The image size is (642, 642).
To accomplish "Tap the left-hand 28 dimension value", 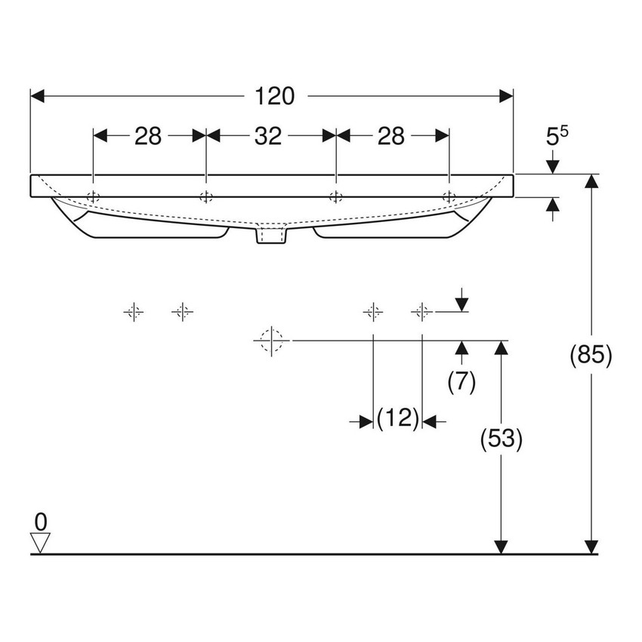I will pyautogui.click(x=149, y=136).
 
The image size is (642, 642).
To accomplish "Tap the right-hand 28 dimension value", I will pyautogui.click(x=391, y=136).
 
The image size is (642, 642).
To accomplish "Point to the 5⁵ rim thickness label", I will pyautogui.click(x=556, y=136).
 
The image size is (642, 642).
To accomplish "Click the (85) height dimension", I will pyautogui.click(x=591, y=356).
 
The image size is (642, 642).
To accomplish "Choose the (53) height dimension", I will pyautogui.click(x=502, y=439).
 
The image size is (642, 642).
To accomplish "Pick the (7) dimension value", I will pyautogui.click(x=461, y=383).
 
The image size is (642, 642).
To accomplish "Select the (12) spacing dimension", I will pyautogui.click(x=397, y=418).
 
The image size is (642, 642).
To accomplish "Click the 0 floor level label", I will pyautogui.click(x=41, y=520).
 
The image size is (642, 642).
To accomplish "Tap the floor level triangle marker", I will pyautogui.click(x=41, y=542).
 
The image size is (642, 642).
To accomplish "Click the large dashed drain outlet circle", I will pyautogui.click(x=270, y=341).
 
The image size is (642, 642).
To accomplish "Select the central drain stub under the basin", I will pyautogui.click(x=272, y=237).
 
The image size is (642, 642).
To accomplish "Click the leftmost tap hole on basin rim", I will pyautogui.click(x=93, y=197).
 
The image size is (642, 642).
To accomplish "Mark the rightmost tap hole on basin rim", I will pyautogui.click(x=449, y=197).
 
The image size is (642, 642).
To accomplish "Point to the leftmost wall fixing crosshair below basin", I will pyautogui.click(x=133, y=310).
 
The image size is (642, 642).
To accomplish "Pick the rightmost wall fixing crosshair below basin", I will pyautogui.click(x=421, y=310).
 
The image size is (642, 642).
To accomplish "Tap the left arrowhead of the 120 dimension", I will pyautogui.click(x=38, y=96).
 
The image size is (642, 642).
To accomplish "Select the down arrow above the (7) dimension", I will pyautogui.click(x=462, y=304).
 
